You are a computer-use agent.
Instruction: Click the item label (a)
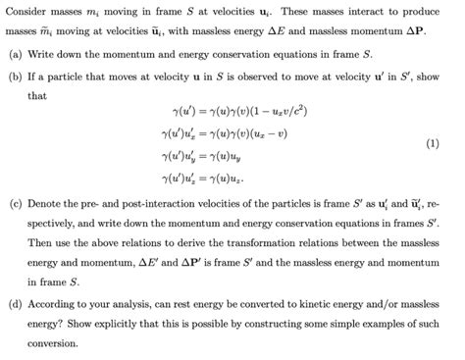coord(15,56)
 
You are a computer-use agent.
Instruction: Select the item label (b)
coord(15,77)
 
